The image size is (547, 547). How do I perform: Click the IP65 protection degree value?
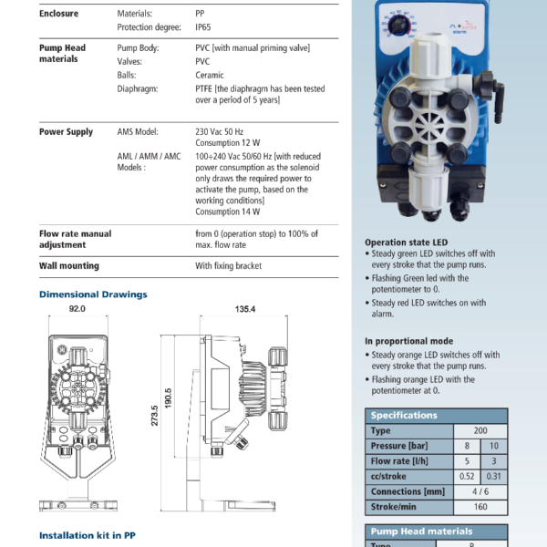click(x=203, y=27)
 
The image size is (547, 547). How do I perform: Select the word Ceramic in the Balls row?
click(x=210, y=75)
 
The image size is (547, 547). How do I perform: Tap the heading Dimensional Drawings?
click(x=93, y=294)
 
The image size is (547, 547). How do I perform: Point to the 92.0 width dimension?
click(x=77, y=309)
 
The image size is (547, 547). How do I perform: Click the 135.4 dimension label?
click(x=245, y=309)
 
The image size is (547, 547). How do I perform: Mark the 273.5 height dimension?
click(x=155, y=416)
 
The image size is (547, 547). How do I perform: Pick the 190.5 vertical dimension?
click(x=168, y=398)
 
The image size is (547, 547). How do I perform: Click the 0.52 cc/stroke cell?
click(x=467, y=476)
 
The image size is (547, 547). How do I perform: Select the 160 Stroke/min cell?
click(x=480, y=507)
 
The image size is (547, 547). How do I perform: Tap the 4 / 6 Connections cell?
click(x=480, y=491)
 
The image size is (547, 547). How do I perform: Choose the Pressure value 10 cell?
click(x=494, y=446)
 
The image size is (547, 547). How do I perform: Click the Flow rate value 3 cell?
click(x=494, y=461)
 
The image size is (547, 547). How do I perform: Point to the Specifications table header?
click(x=437, y=416)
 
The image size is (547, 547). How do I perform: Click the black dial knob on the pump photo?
click(x=398, y=26)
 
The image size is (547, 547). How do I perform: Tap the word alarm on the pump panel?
click(x=459, y=32)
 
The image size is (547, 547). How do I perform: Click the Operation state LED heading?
click(x=407, y=243)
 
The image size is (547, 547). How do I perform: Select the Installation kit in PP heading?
click(x=88, y=535)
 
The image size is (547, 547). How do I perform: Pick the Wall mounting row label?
click(x=69, y=266)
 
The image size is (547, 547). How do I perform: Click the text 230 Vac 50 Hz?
click(x=220, y=132)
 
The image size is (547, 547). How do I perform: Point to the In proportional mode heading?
click(x=409, y=341)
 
